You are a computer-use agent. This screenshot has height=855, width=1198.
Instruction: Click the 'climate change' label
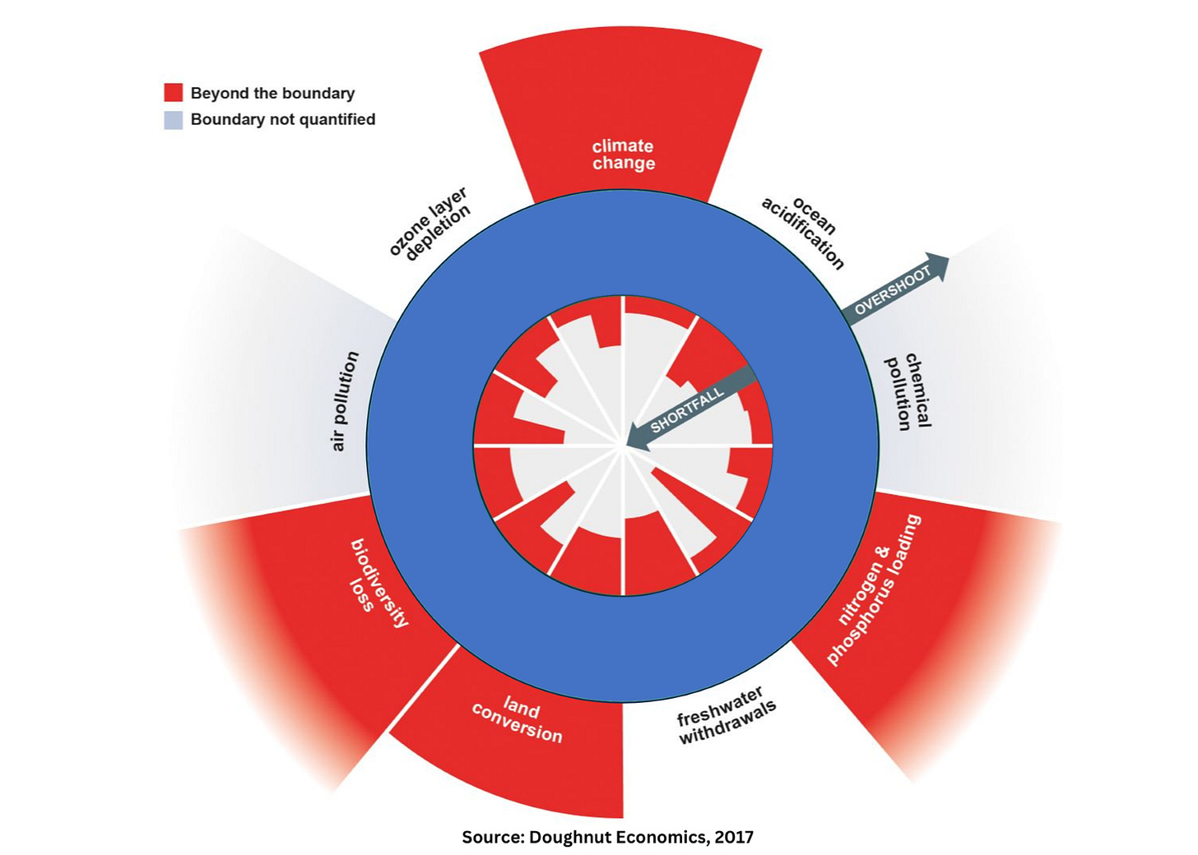point(624,155)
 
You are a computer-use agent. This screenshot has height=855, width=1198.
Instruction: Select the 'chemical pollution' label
point(908,392)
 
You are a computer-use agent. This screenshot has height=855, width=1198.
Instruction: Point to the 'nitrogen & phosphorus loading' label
point(872,590)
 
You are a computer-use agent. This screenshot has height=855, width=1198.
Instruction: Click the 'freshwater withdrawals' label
point(725,716)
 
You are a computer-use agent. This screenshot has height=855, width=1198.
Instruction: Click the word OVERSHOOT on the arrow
point(892,290)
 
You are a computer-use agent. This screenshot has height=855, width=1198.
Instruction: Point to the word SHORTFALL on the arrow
point(687,409)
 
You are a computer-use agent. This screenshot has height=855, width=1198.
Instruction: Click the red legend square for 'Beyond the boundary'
point(173,92)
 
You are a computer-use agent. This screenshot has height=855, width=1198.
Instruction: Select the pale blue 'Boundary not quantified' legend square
point(173,120)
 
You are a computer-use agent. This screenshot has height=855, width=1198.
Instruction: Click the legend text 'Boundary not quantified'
point(283,120)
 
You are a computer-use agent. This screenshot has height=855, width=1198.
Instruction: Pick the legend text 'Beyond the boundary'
point(272,93)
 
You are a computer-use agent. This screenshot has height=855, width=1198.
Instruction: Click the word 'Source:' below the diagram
point(492,838)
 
